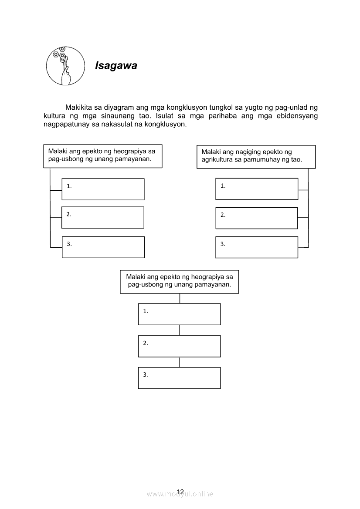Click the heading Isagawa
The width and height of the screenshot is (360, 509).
pos(116,66)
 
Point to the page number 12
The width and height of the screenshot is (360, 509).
pos(180,492)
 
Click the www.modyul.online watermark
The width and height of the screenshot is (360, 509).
pos(180,494)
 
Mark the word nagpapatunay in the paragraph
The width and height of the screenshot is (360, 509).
pos(65,124)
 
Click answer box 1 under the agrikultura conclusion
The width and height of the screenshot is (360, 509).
pos(257,189)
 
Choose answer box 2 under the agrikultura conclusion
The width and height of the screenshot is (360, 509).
pos(257,218)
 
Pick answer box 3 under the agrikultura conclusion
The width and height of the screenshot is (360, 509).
pos(257,247)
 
